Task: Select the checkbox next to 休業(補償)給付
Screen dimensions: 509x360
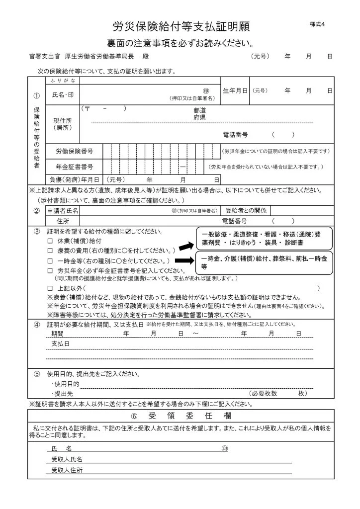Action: [50, 241]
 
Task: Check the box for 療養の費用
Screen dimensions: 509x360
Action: [50, 251]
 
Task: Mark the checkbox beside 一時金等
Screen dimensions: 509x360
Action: [50, 260]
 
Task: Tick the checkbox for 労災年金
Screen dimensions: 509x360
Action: [50, 270]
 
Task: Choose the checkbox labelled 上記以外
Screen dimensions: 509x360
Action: [50, 288]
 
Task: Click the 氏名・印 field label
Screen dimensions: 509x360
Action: [62, 94]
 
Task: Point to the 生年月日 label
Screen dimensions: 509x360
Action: [235, 91]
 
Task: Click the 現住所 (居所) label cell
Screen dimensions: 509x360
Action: [63, 124]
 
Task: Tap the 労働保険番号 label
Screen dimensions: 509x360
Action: [74, 151]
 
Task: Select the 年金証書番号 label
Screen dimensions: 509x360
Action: [74, 167]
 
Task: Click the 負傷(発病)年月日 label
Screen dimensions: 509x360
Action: [74, 179]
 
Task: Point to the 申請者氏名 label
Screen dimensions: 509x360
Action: [63, 211]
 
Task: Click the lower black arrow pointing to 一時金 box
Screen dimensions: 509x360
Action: [186, 260]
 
